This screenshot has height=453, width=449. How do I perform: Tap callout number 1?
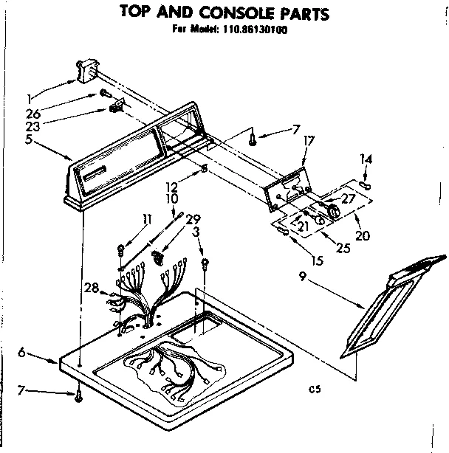(28, 97)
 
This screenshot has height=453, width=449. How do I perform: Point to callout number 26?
(31, 113)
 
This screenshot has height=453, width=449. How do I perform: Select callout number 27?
(349, 198)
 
